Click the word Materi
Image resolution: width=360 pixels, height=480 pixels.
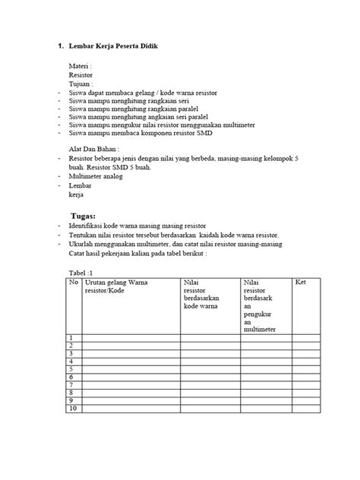click(80, 66)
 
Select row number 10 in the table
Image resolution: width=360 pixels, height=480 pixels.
click(73, 409)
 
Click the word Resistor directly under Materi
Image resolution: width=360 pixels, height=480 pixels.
click(82, 76)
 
